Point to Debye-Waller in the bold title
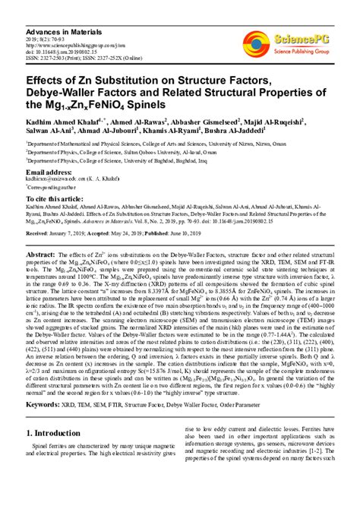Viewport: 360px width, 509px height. tap(63, 91)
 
